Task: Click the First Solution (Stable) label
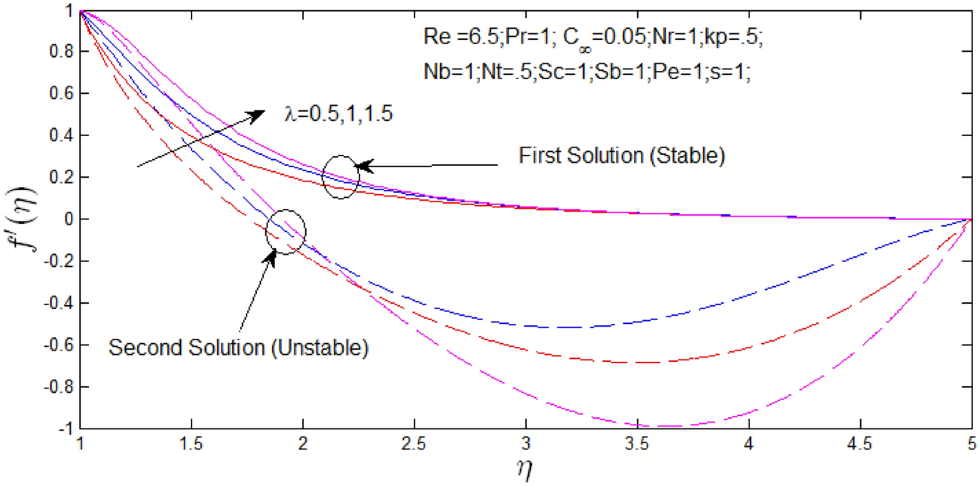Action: coord(622,157)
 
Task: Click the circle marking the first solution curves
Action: coord(341,177)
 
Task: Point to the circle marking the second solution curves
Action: coord(286,231)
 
